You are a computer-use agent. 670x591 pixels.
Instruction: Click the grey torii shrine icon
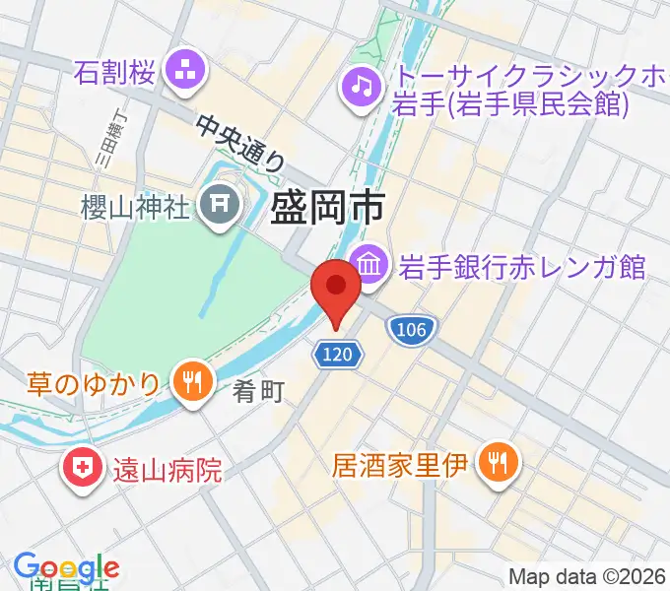[216, 206]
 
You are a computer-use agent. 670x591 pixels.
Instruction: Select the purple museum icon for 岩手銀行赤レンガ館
[371, 265]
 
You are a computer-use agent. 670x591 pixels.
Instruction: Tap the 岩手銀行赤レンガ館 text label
[521, 266]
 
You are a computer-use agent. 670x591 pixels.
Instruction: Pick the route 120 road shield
[340, 351]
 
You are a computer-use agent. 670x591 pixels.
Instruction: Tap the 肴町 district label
[259, 393]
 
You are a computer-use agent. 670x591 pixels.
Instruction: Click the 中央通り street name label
[242, 144]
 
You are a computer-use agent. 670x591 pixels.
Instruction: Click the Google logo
[66, 567]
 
